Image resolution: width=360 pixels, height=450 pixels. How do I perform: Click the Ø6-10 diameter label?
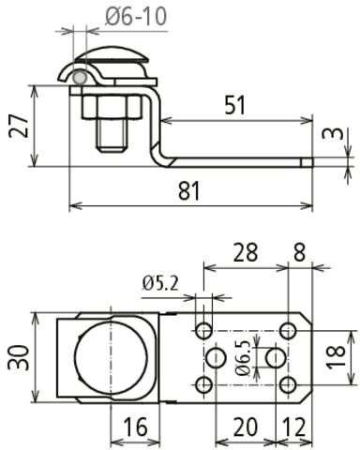pyautogui.click(x=136, y=16)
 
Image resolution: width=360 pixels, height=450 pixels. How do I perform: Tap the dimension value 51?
pyautogui.click(x=235, y=105)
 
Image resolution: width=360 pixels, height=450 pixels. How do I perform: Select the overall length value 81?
pyautogui.click(x=188, y=191)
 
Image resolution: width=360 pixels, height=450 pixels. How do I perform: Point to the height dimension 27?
pyautogui.click(x=19, y=126)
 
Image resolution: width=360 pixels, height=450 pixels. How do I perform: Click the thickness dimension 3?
pyautogui.click(x=333, y=133)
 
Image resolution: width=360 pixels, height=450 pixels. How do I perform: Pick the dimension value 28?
pyautogui.click(x=246, y=252)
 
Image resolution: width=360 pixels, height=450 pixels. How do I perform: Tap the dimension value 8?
pyautogui.click(x=299, y=252)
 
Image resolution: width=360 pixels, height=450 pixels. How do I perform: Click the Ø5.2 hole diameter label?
pyautogui.click(x=160, y=283)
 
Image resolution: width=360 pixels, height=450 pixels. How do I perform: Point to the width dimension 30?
pyautogui.click(x=19, y=357)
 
